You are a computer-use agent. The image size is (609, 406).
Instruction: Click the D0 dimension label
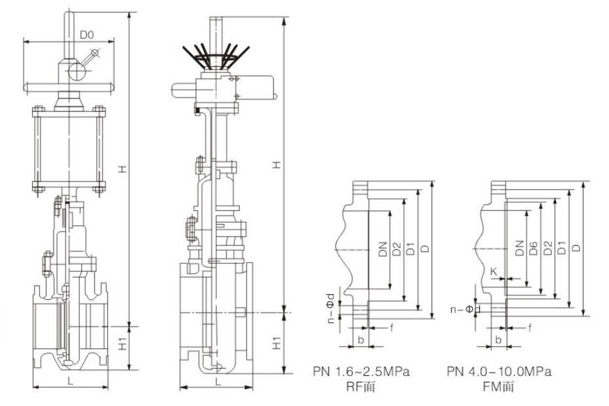tap(88, 34)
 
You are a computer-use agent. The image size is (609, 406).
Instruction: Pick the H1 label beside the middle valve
tap(277, 343)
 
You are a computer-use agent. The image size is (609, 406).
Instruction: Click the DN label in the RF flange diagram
tap(383, 248)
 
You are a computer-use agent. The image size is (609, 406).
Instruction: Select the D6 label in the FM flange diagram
tap(534, 248)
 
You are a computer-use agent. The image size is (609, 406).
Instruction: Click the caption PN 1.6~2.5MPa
tap(361, 372)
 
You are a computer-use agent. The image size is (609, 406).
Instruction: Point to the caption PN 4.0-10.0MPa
tap(499, 372)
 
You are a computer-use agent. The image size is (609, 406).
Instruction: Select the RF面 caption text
tap(361, 386)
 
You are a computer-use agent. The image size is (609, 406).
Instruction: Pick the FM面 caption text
tap(499, 386)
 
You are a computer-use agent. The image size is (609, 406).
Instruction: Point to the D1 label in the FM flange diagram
tap(561, 248)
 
